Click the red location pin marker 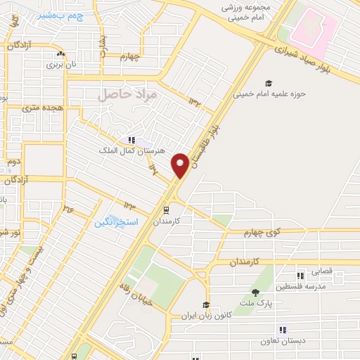click(x=180, y=165)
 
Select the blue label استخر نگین click(x=116, y=221)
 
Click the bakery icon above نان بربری click(x=60, y=53)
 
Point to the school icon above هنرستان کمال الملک click(x=131, y=140)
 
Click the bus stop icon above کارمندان click(x=166, y=209)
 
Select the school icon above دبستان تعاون click(x=283, y=329)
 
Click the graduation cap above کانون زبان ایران click(x=206, y=305)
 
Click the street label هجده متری click(x=40, y=108)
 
